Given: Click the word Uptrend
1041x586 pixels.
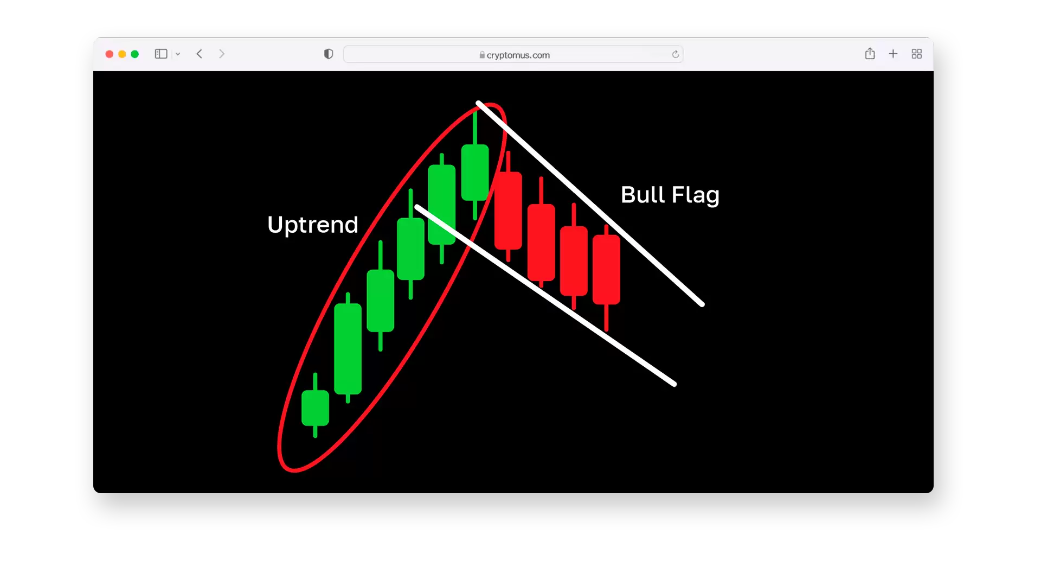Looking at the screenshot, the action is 313,225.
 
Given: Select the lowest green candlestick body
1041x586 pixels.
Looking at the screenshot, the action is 315,408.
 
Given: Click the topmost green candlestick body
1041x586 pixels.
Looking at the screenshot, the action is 475,173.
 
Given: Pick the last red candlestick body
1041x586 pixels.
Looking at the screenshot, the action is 606,270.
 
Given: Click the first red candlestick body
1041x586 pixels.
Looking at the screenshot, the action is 508,211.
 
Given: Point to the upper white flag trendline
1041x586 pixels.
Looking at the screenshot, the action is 590,203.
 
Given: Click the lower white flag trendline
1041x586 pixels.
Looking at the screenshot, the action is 545,295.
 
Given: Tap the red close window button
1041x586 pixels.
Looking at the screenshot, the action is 109,54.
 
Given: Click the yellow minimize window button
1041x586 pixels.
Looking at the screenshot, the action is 122,54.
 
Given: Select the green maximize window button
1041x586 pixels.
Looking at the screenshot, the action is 135,54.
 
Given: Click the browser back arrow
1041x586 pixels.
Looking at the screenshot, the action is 200,54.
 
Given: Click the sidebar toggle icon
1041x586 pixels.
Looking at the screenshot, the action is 161,54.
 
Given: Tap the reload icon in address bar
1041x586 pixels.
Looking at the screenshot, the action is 676,54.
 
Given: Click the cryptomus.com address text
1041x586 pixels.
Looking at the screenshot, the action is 518,55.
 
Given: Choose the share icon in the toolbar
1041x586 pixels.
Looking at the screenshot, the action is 870,53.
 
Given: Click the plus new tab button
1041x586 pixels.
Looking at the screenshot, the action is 893,54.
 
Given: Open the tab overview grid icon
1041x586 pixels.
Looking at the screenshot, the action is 917,54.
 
